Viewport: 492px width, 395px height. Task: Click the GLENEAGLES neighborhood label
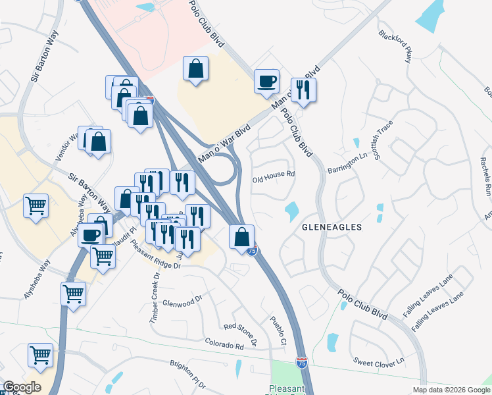pos(332,226)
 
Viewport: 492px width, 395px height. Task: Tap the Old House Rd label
pos(273,176)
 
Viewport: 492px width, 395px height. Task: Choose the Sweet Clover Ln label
pos(378,362)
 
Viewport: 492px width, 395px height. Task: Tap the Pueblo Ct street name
pos(279,332)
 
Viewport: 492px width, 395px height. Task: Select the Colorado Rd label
pos(224,343)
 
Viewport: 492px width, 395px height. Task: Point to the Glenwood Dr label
pos(181,303)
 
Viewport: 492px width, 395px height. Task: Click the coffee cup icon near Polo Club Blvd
pos(266,82)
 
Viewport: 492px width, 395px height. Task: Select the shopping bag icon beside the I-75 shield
pos(242,236)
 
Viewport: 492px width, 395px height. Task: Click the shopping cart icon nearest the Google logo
pos(40,355)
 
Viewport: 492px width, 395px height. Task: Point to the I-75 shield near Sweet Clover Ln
pos(301,362)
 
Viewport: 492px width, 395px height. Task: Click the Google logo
pos(22,387)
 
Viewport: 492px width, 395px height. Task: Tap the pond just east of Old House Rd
pos(290,211)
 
